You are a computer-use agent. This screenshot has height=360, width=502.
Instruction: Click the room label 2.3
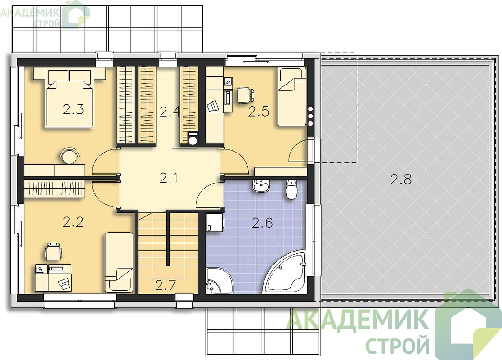73,110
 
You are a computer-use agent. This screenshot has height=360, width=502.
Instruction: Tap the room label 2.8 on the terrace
401,180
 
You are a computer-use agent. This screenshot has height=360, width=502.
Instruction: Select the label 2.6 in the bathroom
262,223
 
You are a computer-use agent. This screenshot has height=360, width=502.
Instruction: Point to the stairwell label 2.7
165,286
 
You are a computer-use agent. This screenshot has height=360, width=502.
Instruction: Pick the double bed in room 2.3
69,99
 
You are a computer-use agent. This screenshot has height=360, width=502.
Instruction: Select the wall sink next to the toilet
261,186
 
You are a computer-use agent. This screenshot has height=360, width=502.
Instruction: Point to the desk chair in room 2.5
245,95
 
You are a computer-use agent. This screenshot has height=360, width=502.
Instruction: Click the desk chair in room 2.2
54,251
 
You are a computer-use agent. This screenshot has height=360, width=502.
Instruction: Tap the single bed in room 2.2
119,262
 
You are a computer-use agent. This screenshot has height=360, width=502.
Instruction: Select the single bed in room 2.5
291,96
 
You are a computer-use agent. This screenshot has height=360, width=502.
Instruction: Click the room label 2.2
73,222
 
